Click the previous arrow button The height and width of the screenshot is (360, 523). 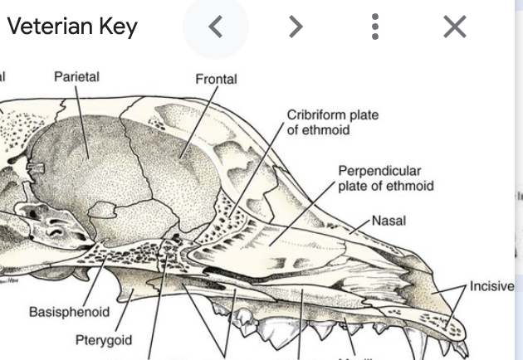pos(215,27)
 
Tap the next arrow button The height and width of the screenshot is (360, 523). pos(296,27)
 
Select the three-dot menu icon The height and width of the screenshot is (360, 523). pos(375,27)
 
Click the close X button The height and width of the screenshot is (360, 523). pos(455,27)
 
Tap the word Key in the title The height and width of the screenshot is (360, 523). pos(118,27)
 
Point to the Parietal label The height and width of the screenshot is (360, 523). pos(76,76)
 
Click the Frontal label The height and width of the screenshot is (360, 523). pos(216,79)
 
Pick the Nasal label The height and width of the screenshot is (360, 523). pos(389,221)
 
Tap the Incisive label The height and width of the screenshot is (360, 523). pos(491,286)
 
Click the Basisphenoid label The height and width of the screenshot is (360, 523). pos(69,312)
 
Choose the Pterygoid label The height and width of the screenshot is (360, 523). pos(103,340)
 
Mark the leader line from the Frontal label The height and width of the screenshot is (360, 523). pos(196,124)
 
